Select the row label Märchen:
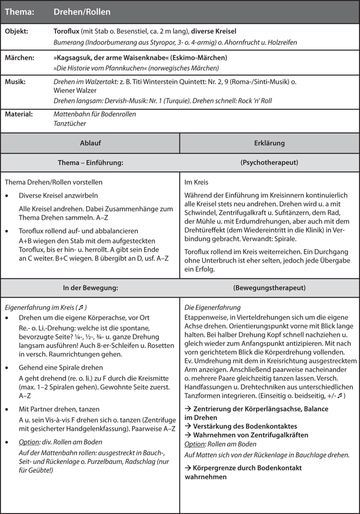19,57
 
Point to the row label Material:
19,114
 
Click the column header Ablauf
90,143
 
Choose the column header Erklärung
269,143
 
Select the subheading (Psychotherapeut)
269,162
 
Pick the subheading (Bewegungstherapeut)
269,288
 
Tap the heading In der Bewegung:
90,288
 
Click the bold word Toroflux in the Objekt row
69,32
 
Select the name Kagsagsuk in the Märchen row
80,57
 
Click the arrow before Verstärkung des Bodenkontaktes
188,426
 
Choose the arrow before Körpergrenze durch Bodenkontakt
188,468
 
